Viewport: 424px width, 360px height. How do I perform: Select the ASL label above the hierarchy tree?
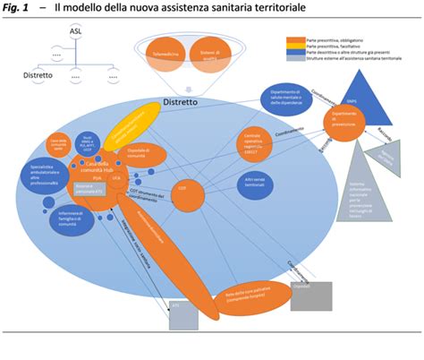pyautogui.click(x=76, y=32)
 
